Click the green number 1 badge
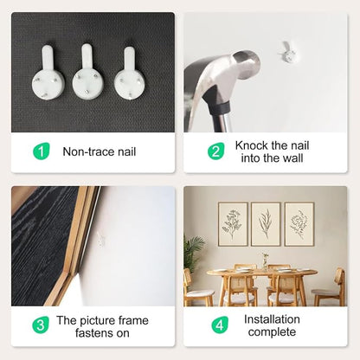tap(42, 151)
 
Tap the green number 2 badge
tap(215, 151)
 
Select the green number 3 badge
tap(41, 325)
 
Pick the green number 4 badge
tap(220, 325)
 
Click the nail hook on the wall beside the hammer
tap(287, 52)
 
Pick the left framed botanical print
tap(233, 224)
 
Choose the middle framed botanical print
tap(266, 224)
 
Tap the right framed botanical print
tap(299, 224)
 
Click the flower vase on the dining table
tap(265, 261)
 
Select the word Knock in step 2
tap(252, 145)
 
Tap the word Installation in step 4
tap(272, 319)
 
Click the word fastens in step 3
tap(94, 333)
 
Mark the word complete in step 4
tap(272, 332)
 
